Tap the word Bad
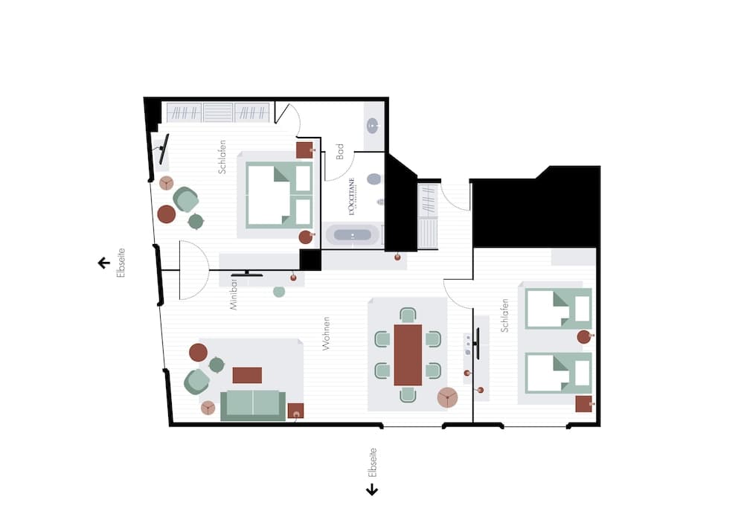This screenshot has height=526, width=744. point(340,152)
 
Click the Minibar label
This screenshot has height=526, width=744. point(233,294)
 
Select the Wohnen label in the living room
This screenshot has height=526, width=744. point(326,333)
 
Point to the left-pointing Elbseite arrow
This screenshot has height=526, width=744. point(104,263)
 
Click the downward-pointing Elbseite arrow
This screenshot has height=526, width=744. point(372,490)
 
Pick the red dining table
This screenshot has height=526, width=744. point(408,354)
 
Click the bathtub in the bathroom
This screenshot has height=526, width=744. point(353,235)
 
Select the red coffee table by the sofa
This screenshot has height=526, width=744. point(247,375)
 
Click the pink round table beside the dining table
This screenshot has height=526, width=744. point(447,397)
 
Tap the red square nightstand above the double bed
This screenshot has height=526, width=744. point(304,150)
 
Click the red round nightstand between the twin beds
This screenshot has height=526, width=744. point(584,337)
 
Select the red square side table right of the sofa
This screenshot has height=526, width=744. point(295,410)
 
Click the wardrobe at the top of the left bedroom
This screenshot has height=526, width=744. point(217,112)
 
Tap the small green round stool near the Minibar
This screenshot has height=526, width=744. point(279,292)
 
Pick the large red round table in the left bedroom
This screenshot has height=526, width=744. point(167,214)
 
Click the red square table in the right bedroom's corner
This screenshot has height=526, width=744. point(583,404)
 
